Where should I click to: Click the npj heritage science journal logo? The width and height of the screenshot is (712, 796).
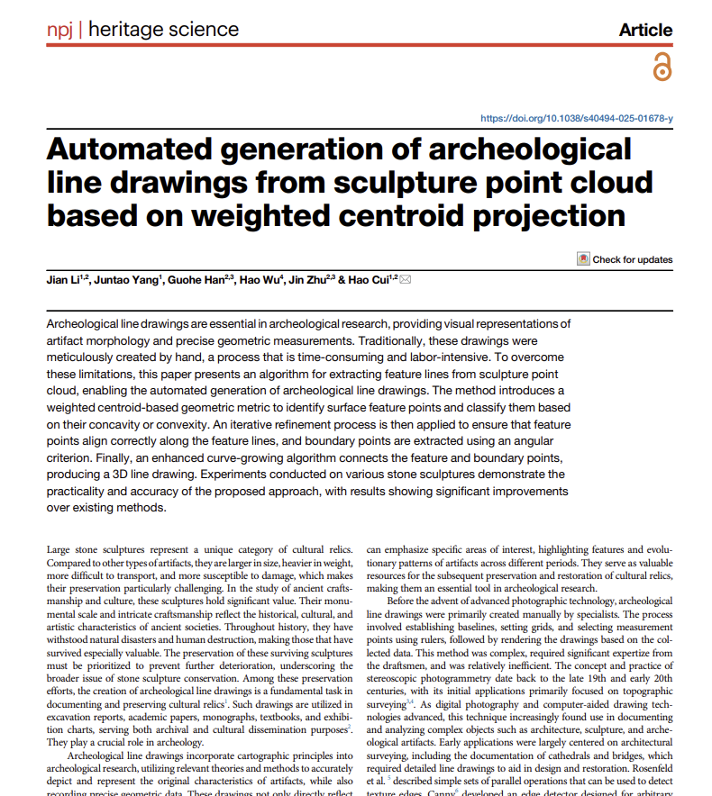[142, 29]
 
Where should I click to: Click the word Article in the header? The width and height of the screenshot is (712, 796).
[645, 30]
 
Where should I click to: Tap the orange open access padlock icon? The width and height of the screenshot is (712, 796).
[662, 67]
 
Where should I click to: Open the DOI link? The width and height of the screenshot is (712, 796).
[576, 119]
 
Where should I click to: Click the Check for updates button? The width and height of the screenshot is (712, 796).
[625, 259]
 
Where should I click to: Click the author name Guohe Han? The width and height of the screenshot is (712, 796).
[196, 280]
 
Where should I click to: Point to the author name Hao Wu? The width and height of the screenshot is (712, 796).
[257, 280]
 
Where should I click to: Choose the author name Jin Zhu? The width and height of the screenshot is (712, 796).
[306, 280]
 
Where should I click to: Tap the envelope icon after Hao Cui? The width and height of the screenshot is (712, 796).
[405, 280]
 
